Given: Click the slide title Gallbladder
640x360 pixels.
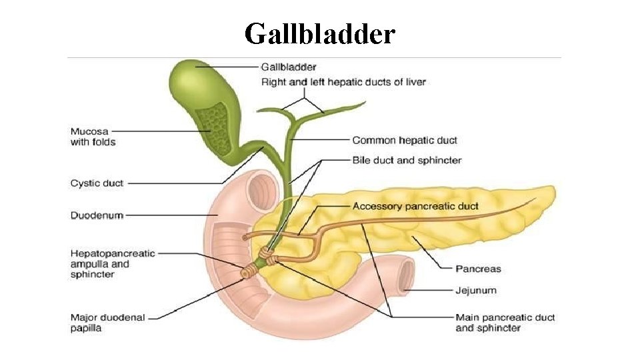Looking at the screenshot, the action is click(x=320, y=33).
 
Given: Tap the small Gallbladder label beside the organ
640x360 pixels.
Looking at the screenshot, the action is click(x=288, y=67).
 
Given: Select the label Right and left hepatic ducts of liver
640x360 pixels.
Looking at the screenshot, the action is click(x=343, y=82).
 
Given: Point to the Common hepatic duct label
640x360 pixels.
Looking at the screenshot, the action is click(x=404, y=140).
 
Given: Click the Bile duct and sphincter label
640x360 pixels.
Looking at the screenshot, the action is click(x=406, y=160).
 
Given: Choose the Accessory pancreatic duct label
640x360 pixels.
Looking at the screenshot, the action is click(x=415, y=206).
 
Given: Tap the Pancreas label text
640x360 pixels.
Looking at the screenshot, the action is click(x=477, y=269).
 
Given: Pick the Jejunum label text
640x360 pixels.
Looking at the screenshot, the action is click(x=475, y=291).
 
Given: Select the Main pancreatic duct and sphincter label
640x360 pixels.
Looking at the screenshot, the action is click(x=505, y=323).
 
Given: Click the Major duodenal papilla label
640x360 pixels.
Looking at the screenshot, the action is click(x=107, y=323).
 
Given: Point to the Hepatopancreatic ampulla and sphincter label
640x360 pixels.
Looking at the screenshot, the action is click(x=112, y=264).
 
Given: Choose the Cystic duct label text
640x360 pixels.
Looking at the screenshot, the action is click(x=97, y=183).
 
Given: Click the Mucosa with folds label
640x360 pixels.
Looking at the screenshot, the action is click(x=93, y=136).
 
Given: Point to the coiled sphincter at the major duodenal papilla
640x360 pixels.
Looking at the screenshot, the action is click(x=250, y=271).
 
